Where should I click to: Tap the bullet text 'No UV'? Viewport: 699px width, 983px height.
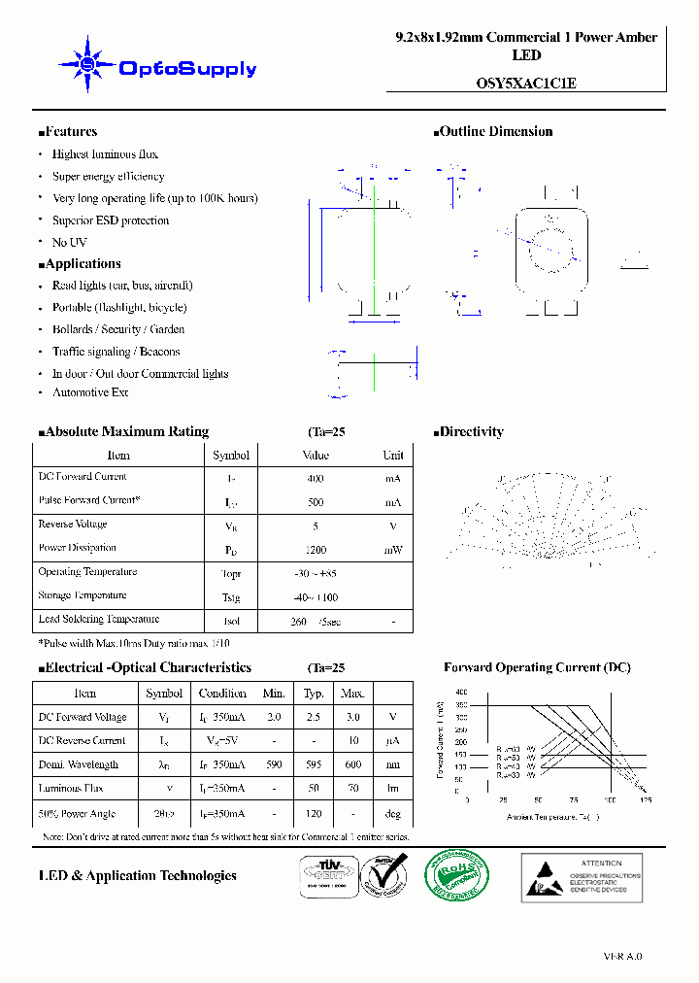pos(69,242)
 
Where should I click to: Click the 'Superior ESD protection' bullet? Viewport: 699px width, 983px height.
pos(110,220)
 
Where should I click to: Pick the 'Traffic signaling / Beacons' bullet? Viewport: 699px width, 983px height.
pos(116,352)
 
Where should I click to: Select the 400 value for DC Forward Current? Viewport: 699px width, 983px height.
pos(316,479)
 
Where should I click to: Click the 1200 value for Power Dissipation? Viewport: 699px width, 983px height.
pos(316,550)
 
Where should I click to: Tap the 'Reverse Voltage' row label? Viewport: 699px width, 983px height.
pos(74,525)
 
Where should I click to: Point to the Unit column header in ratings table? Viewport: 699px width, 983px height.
pos(393,455)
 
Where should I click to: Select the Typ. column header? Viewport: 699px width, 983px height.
pos(314,694)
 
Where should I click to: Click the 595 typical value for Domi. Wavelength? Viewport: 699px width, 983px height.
pos(314,765)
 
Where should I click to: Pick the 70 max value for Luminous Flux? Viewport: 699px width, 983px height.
pos(352,789)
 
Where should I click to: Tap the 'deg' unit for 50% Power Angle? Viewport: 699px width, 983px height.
pos(393,814)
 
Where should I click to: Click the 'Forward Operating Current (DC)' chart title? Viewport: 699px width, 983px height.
pos(537,667)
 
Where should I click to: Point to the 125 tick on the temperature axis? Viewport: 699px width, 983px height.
pos(646,800)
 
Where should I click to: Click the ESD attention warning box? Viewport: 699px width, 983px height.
pos(582,875)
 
